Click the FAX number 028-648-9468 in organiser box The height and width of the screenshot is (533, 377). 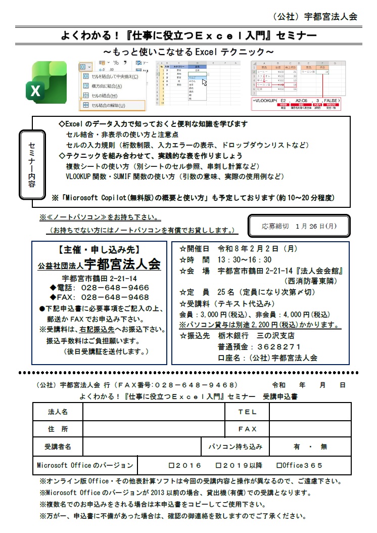(115, 297)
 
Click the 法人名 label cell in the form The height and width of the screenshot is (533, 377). (58, 412)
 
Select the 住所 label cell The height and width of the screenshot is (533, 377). (58, 429)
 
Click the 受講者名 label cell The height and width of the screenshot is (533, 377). (58, 447)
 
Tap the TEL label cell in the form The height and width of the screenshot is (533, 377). (247, 412)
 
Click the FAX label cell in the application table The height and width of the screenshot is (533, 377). (247, 429)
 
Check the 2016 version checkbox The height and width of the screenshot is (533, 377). (171, 465)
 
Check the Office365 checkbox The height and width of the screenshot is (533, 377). (279, 465)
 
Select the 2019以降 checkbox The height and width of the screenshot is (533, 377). (218, 465)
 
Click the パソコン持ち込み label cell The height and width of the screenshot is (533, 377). (235, 447)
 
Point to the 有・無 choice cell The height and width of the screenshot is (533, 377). (310, 447)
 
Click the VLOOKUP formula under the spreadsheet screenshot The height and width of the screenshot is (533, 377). (296, 102)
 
